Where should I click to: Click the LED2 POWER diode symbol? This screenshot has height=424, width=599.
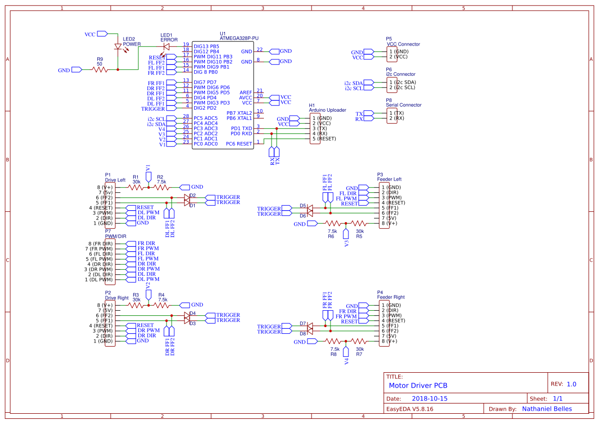[118, 47]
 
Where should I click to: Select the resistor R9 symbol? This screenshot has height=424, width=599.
[100, 69]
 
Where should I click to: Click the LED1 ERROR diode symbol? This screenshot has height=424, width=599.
[166, 46]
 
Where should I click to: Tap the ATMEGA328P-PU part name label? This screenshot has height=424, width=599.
[239, 38]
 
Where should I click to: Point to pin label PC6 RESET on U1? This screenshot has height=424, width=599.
[239, 144]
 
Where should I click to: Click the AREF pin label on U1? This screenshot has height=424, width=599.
[245, 92]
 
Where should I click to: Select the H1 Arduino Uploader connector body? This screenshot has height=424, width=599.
[315, 128]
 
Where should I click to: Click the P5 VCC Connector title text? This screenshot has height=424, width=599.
[403, 44]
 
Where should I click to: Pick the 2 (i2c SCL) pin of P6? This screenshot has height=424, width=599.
[403, 88]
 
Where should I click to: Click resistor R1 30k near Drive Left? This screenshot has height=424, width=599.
[136, 187]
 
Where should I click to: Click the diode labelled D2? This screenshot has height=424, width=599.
[187, 197]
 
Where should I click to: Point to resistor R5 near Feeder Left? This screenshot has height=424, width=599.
[359, 224]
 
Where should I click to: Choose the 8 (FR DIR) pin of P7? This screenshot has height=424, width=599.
[100, 244]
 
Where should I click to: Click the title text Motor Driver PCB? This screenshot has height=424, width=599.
[418, 385]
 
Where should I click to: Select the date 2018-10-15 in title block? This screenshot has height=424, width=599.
[430, 398]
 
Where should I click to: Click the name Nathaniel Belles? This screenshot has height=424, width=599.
[547, 409]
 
